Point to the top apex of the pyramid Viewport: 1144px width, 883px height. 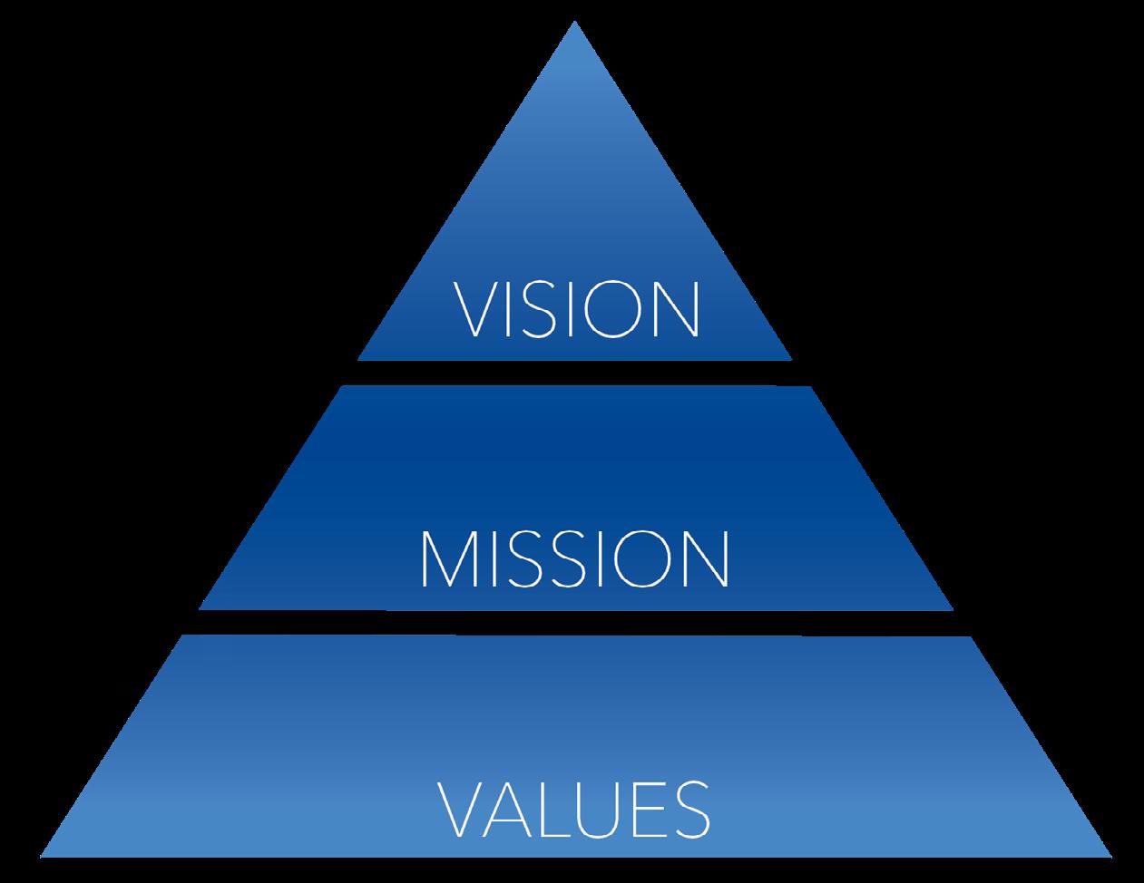(x=574, y=25)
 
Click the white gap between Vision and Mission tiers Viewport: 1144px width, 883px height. (x=575, y=373)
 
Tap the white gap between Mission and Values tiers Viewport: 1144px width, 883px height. (x=575, y=623)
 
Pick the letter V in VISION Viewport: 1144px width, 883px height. (x=473, y=310)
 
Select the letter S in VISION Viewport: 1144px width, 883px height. (x=536, y=310)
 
